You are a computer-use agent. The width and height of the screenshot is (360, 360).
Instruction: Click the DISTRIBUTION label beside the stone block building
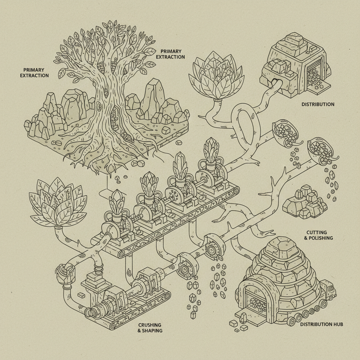pyautogui.click(x=318, y=104)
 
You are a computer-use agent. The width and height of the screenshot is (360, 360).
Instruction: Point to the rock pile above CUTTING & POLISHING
pyautogui.click(x=305, y=204)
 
